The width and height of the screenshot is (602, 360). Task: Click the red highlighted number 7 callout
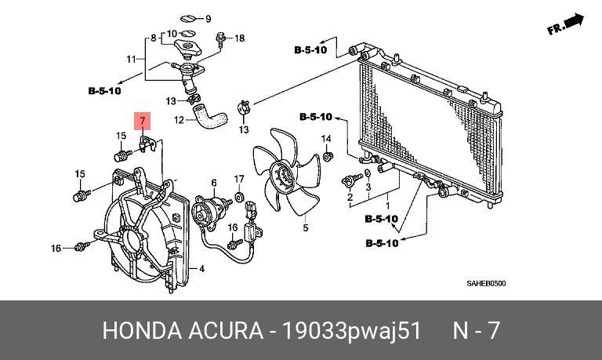point(142,121)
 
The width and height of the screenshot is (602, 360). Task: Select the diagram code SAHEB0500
point(486,284)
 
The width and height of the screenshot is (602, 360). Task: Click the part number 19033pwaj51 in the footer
point(352,330)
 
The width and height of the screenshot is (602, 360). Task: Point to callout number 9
point(208,19)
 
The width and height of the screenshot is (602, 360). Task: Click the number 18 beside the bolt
point(239,38)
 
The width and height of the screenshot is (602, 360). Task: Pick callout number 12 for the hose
point(179,120)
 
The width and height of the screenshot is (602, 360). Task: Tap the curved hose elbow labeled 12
point(209,116)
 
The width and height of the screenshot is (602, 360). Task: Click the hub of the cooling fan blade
point(281,176)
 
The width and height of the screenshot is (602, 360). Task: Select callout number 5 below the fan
point(305,227)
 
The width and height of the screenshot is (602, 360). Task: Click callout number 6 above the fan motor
point(214,183)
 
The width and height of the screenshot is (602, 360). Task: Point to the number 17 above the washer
point(239,179)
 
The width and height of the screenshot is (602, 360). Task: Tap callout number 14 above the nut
point(326,138)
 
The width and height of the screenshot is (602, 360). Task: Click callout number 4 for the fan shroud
point(202,268)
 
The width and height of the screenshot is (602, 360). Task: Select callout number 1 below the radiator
point(388,206)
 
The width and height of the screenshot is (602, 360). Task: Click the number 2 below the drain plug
point(350,197)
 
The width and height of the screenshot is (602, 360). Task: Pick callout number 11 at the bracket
point(132,59)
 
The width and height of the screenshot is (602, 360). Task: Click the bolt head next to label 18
point(220,37)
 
